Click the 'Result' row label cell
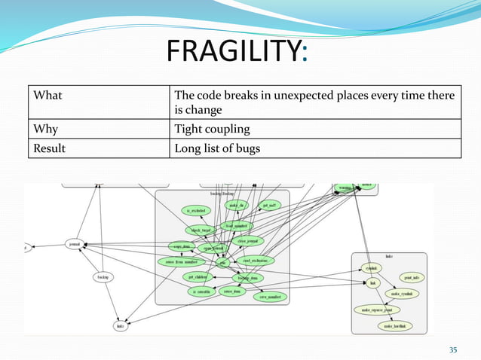click(47, 148)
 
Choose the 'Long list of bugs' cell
click(217, 148)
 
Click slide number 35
click(453, 348)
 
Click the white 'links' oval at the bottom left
click(120, 325)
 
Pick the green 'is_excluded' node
click(198, 211)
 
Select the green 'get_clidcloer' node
click(198, 276)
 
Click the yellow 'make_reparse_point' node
click(376, 309)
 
